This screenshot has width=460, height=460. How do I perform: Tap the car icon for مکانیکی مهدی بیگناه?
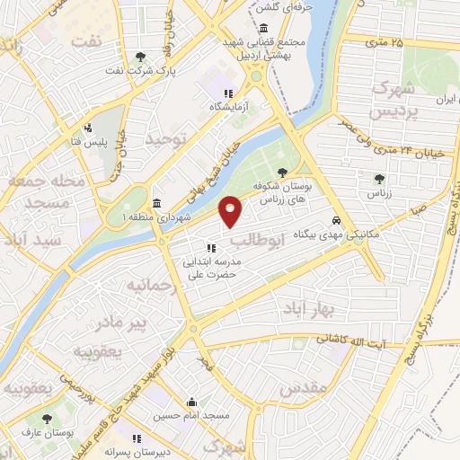pyautogui.click(x=336, y=219)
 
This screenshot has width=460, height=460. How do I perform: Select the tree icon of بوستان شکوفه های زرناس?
pyautogui.click(x=284, y=172)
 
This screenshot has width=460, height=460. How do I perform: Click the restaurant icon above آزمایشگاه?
pyautogui.click(x=229, y=93)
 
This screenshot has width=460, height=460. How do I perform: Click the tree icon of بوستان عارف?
pyautogui.click(x=47, y=418)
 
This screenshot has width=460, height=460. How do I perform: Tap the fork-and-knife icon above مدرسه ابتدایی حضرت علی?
pyautogui.click(x=212, y=248)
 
